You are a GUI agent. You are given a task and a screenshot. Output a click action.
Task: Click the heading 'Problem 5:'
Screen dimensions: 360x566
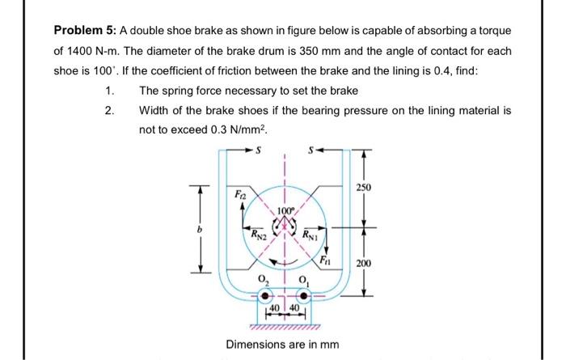point(86,30)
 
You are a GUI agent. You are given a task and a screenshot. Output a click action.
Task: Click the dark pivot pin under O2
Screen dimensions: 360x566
point(263,295)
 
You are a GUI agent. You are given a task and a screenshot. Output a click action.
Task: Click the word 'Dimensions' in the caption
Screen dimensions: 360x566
point(254,345)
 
